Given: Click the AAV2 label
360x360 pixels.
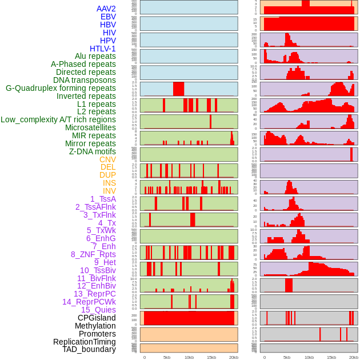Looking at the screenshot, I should coord(106,9).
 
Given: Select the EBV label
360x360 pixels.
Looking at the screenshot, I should coord(108,17).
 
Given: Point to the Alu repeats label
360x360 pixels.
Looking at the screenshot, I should coord(95,56).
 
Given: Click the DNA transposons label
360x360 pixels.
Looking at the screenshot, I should coord(85,80).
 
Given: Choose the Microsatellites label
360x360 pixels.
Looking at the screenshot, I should coord(90,127).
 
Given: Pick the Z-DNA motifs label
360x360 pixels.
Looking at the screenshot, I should coord(92,151).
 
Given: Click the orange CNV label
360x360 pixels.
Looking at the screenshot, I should coord(107,159).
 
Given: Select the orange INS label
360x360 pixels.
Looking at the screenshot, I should coord(109,183).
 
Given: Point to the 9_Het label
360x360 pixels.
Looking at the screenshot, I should coord(105,262).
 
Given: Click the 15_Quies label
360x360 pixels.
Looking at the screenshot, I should coord(98,310).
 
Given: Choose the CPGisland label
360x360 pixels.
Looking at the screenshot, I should coord(97,318).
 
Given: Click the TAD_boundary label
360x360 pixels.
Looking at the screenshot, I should coord(89,349).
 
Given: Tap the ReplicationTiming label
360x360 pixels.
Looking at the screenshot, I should coord(84,342).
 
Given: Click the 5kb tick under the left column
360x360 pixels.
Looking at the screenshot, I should coord(167,357).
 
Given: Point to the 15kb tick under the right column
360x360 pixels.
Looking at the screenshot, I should coord(331,357).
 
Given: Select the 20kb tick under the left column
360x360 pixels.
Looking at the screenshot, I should coord(233,357).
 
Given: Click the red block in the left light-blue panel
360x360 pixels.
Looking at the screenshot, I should coord(178,89).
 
